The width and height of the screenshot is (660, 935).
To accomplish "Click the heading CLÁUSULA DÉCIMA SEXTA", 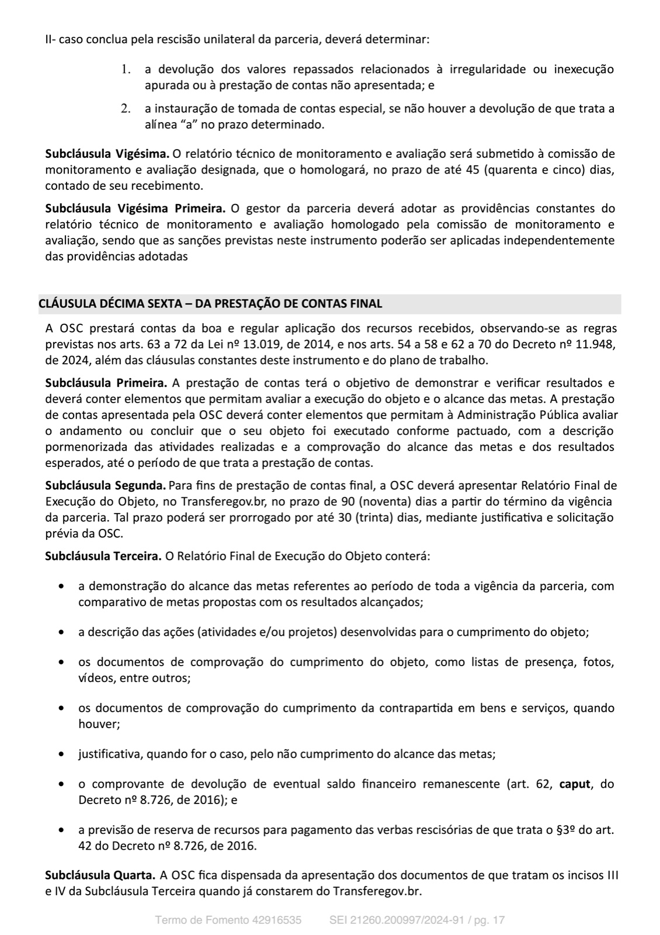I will [210, 304].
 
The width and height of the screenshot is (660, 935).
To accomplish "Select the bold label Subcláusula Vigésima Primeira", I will [136, 209].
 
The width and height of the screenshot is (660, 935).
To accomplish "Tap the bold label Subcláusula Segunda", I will [105, 486].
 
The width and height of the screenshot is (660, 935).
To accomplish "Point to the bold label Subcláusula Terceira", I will [103, 556].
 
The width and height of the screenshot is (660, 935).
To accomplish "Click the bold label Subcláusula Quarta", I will [100, 875].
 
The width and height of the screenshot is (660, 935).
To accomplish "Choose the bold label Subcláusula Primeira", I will [106, 383].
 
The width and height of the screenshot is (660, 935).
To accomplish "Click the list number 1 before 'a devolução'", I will [125, 70].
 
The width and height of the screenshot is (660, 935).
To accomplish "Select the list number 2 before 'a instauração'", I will [125, 109].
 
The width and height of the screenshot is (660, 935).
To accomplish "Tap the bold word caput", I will [575, 784].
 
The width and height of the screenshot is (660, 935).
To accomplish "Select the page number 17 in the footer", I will [499, 920].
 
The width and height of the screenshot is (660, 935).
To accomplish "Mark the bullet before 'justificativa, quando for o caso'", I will [62, 754].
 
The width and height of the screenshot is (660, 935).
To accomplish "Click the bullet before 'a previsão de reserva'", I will [62, 830].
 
